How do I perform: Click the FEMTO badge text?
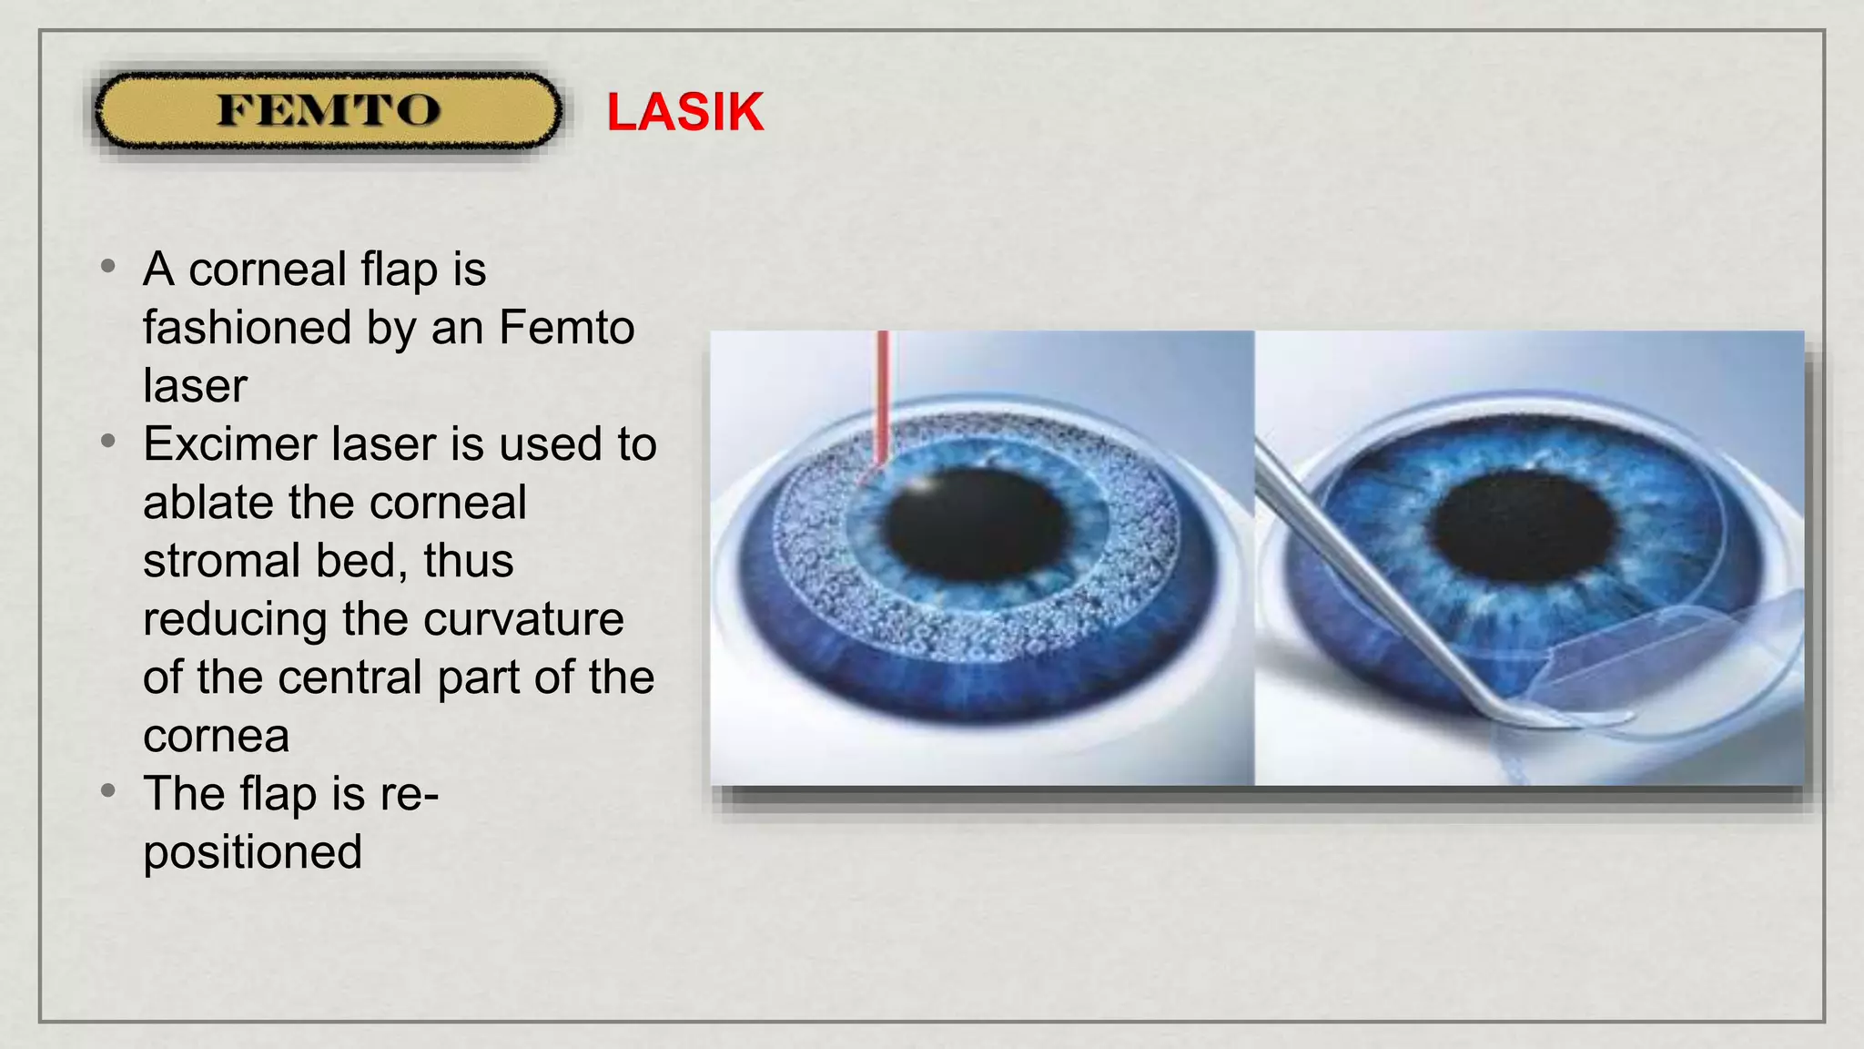328,111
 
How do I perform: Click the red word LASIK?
684,113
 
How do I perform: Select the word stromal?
221,561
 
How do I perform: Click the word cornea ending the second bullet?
216,736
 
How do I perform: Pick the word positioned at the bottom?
252,852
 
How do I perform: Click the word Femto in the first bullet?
566,328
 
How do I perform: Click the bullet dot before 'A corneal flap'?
108,267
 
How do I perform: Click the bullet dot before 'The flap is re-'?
108,790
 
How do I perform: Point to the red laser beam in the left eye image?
881,392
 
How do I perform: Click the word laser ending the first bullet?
194,386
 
